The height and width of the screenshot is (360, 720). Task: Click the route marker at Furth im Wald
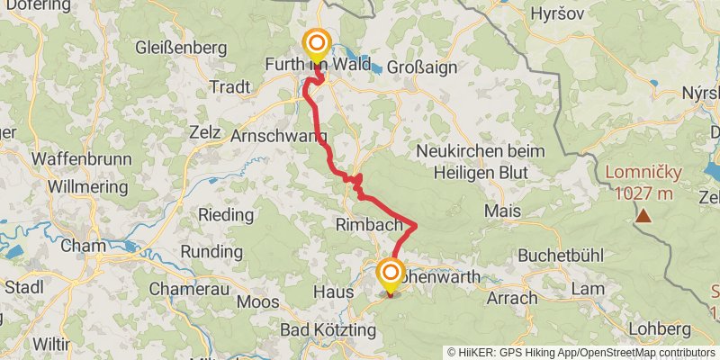pyautogui.click(x=317, y=43)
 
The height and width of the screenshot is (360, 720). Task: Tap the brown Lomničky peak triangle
pyautogui.click(x=643, y=216)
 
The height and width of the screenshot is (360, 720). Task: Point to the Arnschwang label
pyautogui.click(x=279, y=137)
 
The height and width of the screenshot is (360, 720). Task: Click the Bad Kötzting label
pyautogui.click(x=328, y=330)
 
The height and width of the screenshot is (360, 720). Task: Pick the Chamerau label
pyautogui.click(x=185, y=289)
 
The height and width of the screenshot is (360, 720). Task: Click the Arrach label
pyautogui.click(x=510, y=297)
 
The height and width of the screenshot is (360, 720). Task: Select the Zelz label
pyautogui.click(x=205, y=131)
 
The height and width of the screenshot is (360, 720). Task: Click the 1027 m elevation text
pyautogui.click(x=643, y=192)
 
